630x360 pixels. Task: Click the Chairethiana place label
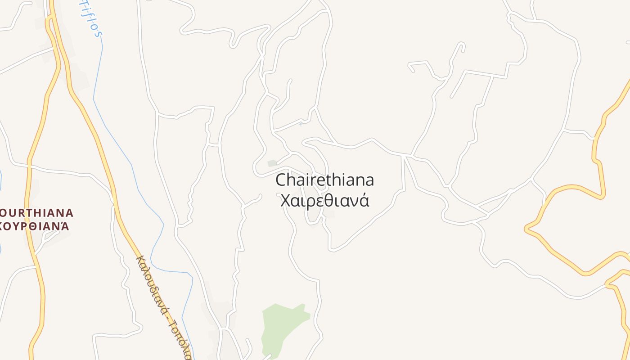(x=324, y=180)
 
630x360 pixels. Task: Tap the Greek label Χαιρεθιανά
(x=324, y=200)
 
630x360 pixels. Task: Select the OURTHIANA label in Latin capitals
(x=37, y=212)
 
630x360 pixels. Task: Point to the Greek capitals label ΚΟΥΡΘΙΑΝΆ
(x=35, y=226)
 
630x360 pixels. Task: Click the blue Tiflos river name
(x=90, y=18)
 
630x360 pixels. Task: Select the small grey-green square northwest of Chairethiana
(x=272, y=163)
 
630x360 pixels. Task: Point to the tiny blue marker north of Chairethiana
(x=301, y=124)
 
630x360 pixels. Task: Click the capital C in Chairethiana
(x=281, y=180)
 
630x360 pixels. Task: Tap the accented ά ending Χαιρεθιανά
(x=364, y=200)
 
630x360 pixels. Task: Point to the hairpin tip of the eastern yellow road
(x=526, y=229)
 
